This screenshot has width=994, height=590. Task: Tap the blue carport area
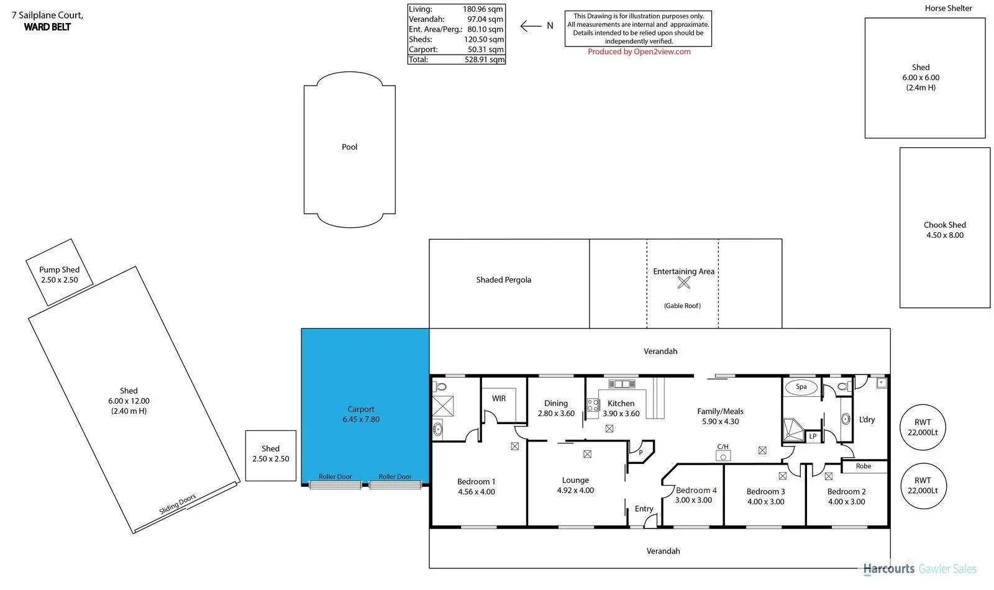(364, 385)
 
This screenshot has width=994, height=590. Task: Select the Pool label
(349, 147)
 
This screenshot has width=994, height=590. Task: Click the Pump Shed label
(59, 270)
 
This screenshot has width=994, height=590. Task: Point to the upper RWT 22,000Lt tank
(923, 427)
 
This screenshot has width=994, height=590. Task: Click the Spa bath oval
(801, 387)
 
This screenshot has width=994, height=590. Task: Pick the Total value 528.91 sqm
(484, 60)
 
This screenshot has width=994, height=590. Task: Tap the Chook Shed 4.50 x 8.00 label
(944, 230)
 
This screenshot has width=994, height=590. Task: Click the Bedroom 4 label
(696, 491)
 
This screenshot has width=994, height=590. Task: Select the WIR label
(499, 399)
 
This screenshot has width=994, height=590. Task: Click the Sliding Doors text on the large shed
(178, 504)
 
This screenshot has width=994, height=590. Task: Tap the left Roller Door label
(335, 477)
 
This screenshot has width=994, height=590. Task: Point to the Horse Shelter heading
(948, 8)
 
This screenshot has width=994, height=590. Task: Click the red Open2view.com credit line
(639, 52)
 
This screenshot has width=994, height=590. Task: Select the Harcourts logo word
(888, 569)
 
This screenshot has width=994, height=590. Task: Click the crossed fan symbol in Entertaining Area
(683, 283)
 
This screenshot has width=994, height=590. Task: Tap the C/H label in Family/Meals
(723, 447)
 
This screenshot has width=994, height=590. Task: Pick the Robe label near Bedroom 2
(863, 466)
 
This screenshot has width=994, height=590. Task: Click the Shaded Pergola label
(503, 280)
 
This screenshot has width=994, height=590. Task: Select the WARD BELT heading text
(47, 27)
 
